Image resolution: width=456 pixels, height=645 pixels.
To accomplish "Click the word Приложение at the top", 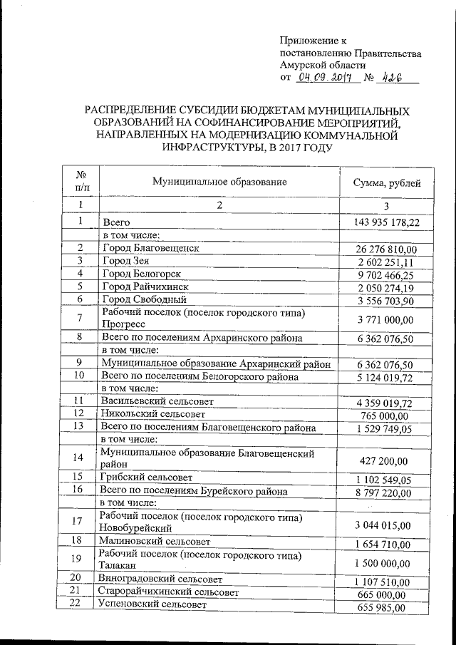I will pyautogui.click(x=308, y=41).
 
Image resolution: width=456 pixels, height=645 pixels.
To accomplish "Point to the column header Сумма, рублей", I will pyautogui.click(x=387, y=183).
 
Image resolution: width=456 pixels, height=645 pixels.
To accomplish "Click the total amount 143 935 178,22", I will pyautogui.click(x=387, y=223).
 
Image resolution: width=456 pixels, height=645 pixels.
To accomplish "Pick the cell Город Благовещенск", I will pyautogui.click(x=150, y=248).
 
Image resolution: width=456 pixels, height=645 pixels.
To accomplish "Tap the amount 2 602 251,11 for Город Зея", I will pyautogui.click(x=387, y=262).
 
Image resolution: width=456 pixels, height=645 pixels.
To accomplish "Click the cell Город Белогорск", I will pyautogui.click(x=142, y=274).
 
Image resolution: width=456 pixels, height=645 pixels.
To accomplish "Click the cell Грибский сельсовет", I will pyautogui.click(x=147, y=477).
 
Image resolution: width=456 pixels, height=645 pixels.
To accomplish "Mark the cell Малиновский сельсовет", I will pyautogui.click(x=154, y=541).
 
